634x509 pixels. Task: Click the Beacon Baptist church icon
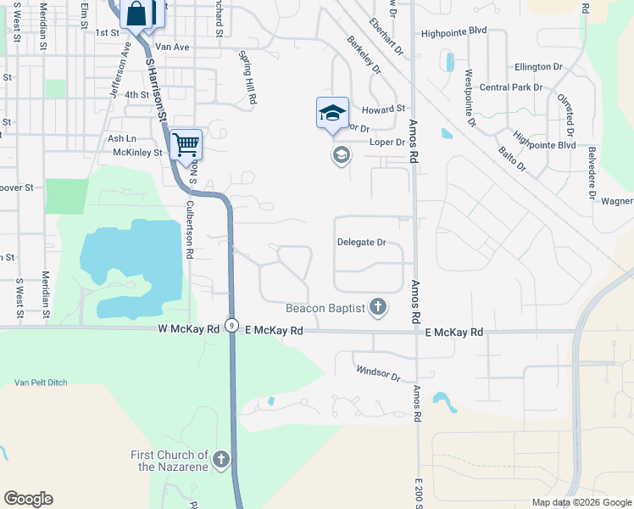tap(378, 307)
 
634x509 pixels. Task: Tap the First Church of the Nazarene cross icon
tap(220, 461)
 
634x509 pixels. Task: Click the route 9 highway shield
tap(231, 325)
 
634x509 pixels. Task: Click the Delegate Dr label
tap(361, 243)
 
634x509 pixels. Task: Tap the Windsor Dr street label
tap(377, 372)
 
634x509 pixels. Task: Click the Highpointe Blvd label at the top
tap(454, 30)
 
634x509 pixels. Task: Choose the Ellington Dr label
tap(538, 66)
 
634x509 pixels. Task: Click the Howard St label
tap(384, 109)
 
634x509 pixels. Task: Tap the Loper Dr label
tap(387, 142)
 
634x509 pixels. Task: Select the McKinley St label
tap(137, 153)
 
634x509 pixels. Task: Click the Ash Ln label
tap(121, 138)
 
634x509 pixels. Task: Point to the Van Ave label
tap(172, 47)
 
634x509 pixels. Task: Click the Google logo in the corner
tap(28, 499)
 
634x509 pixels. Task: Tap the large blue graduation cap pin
tap(332, 112)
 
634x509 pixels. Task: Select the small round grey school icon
tap(341, 155)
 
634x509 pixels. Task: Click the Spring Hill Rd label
tap(248, 87)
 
